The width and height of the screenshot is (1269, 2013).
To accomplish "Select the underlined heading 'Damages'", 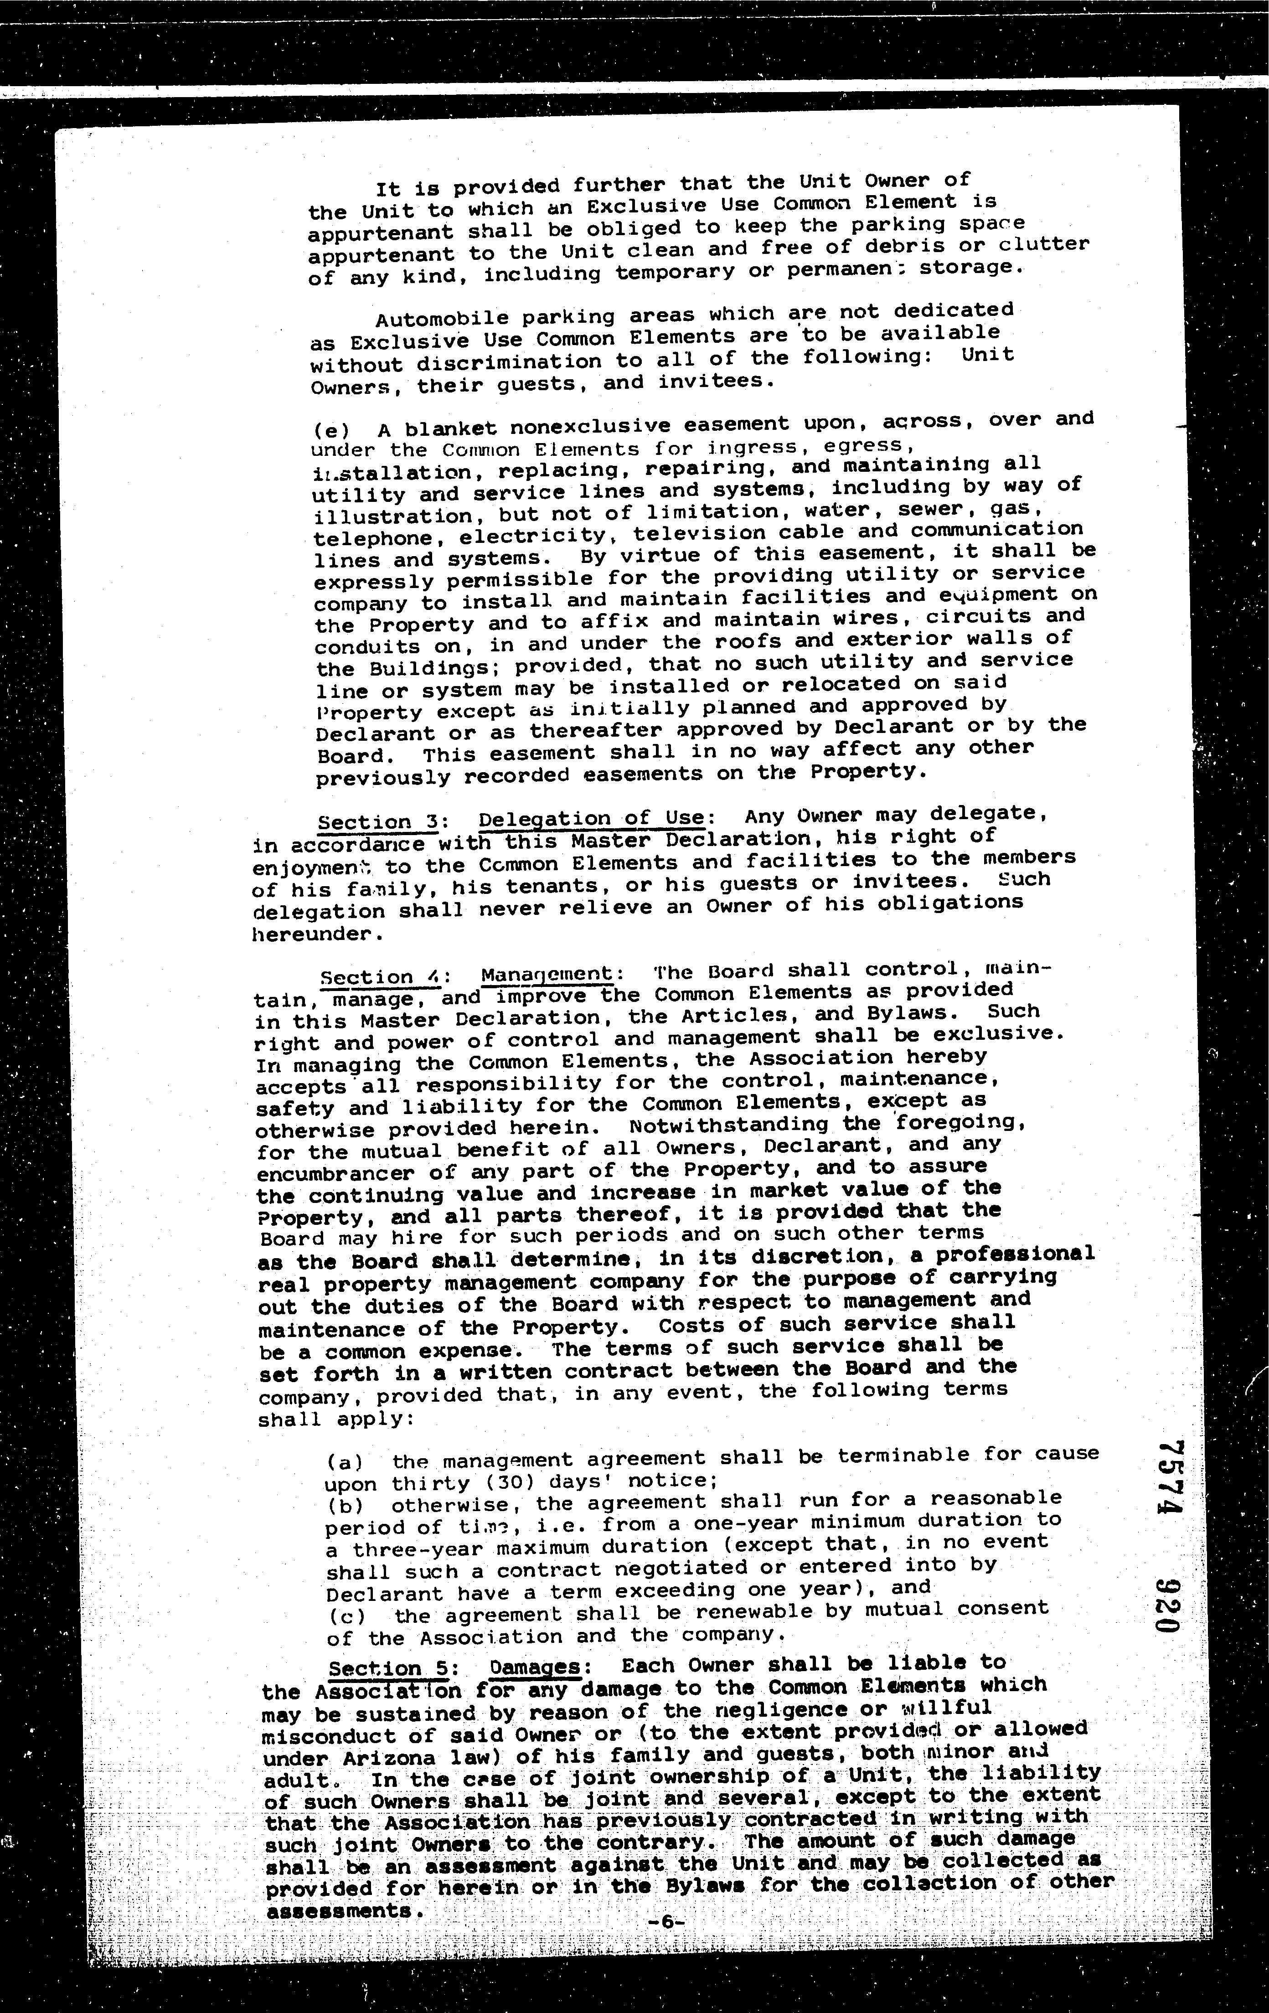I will [x=535, y=1666].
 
